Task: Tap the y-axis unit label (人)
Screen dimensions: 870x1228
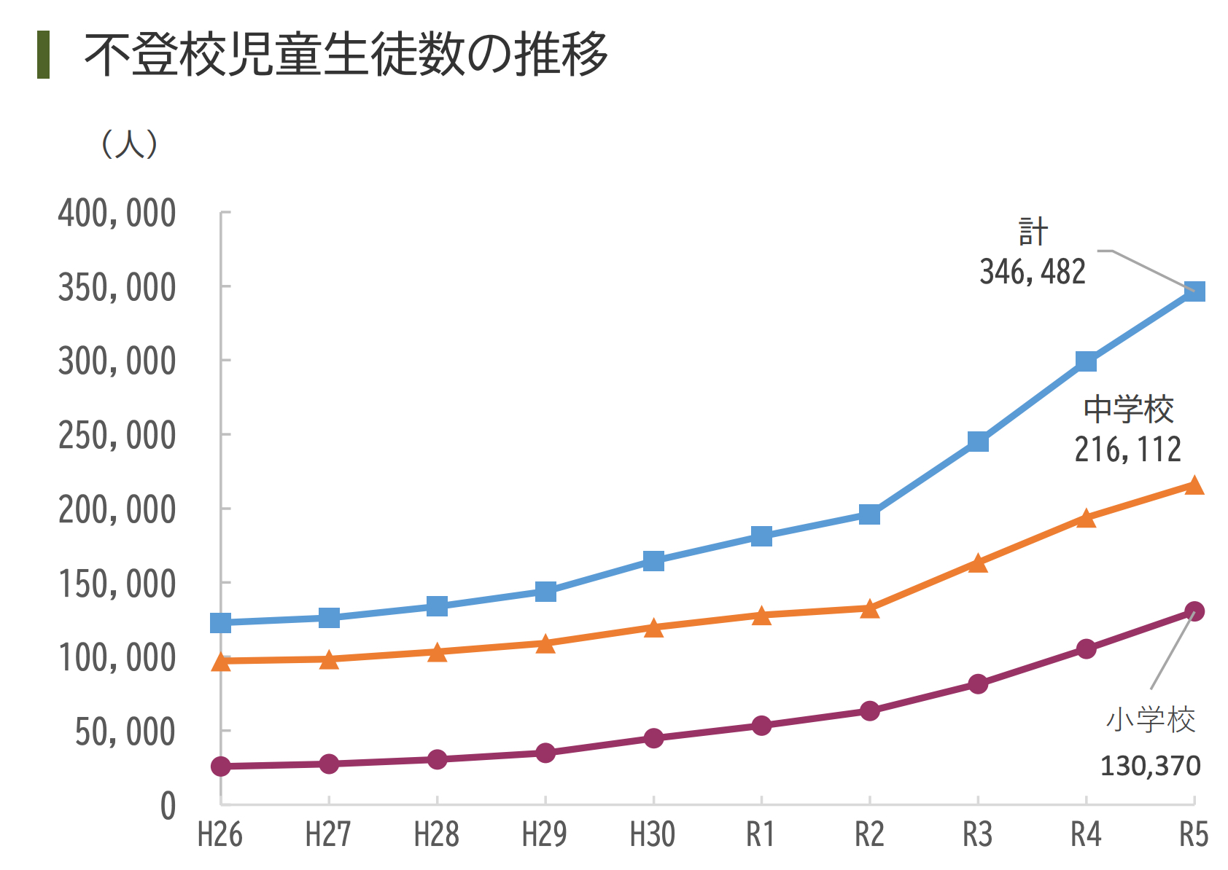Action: [129, 144]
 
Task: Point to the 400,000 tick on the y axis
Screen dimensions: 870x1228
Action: [117, 213]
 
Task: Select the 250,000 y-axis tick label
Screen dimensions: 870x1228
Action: [117, 436]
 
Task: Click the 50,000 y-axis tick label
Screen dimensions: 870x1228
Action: [125, 732]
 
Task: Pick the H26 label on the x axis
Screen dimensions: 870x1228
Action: [219, 835]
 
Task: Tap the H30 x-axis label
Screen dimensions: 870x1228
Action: [653, 835]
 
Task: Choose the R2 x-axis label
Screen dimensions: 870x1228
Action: [869, 835]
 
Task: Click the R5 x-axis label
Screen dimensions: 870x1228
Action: [1194, 835]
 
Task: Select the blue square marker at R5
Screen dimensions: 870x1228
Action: [1194, 291]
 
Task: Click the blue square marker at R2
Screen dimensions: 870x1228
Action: [869, 514]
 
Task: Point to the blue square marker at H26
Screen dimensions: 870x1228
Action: [220, 623]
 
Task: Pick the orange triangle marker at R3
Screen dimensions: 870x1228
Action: [978, 563]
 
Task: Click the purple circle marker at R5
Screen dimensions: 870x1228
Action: [1194, 611]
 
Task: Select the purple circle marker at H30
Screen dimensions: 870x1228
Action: [653, 738]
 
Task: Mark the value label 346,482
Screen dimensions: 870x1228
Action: [1032, 272]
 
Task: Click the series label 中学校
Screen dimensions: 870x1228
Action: [1128, 409]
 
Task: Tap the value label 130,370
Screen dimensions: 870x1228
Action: [1150, 766]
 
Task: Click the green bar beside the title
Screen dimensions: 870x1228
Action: [43, 55]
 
